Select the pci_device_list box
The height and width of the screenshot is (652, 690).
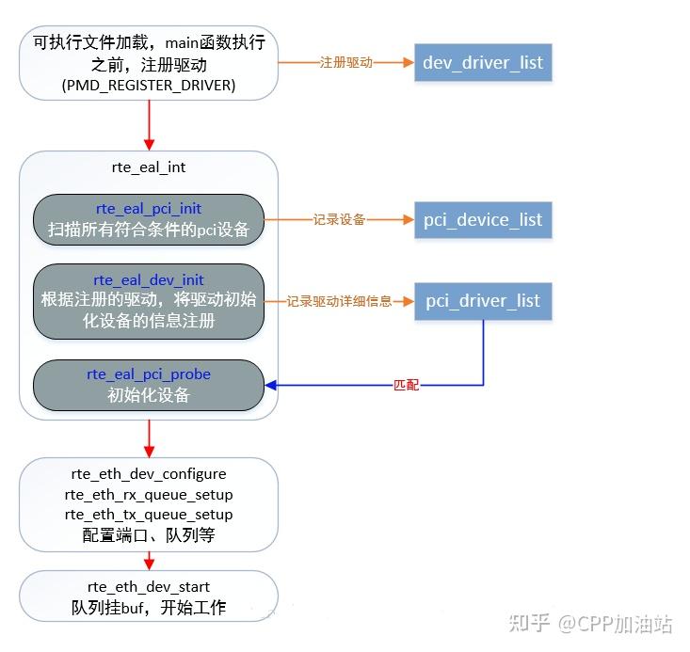482,219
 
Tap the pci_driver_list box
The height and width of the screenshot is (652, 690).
483,301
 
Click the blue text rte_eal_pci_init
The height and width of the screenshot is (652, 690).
149,208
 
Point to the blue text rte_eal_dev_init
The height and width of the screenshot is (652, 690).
149,279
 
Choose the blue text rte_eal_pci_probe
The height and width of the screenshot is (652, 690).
149,374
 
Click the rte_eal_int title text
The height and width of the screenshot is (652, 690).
149,167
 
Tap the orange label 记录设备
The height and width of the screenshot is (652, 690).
340,219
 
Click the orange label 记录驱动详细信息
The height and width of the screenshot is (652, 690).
339,301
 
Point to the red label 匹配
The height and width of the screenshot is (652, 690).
406,386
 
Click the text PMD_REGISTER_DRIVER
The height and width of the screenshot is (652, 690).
149,86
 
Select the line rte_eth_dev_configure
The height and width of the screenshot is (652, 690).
149,473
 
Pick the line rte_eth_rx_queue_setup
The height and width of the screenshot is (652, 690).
149,494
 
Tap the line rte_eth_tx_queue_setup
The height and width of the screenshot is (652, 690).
149,515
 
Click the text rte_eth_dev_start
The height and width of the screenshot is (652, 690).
149,587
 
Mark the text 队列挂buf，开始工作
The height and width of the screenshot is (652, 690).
149,608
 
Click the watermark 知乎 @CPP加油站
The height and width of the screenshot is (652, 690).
590,623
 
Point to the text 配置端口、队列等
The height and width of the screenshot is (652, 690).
149,536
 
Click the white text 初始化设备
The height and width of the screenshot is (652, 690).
149,395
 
